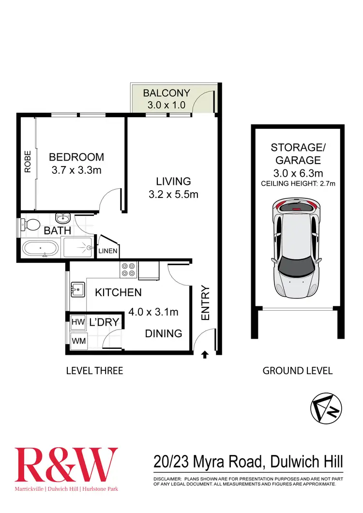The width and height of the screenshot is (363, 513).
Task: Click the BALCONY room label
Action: click(166, 93)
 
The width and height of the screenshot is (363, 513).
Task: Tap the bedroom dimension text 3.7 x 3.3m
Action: click(76, 170)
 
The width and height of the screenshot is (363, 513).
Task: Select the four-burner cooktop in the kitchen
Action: click(128, 270)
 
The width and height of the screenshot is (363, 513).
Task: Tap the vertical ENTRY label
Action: click(205, 303)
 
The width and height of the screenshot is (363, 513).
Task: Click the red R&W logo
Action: click(66, 464)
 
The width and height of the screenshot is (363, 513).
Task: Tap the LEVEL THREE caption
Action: click(94, 371)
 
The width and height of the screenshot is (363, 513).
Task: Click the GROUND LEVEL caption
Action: click(297, 371)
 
